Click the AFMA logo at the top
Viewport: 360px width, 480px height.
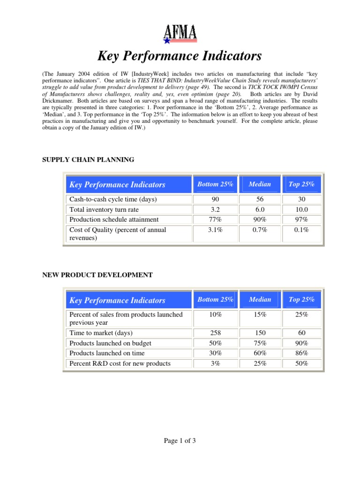coord(180,34)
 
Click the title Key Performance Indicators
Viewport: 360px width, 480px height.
coord(180,57)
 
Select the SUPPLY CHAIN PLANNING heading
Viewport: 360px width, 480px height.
coord(89,160)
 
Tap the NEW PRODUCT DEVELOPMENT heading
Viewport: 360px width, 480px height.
coord(97,275)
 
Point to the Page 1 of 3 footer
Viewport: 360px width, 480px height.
coord(180,441)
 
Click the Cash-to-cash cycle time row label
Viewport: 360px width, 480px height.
coord(113,199)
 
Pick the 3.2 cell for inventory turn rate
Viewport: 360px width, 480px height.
coord(215,210)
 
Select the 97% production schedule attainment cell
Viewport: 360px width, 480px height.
coord(301,219)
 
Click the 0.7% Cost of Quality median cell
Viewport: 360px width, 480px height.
coord(260,230)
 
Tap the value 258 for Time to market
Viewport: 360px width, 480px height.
coord(215,333)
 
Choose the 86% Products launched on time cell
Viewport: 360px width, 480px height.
coord(301,353)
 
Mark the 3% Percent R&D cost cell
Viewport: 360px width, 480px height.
coord(215,363)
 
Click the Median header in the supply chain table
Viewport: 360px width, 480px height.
coord(260,184)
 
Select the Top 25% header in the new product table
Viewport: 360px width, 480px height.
coord(301,300)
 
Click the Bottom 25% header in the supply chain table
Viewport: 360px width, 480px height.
coord(215,184)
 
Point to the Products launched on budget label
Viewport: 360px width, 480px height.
coord(110,343)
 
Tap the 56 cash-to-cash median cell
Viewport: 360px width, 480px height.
coord(260,199)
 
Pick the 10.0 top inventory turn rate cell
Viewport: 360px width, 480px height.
coord(301,210)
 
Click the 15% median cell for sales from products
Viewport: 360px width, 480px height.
coord(260,315)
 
